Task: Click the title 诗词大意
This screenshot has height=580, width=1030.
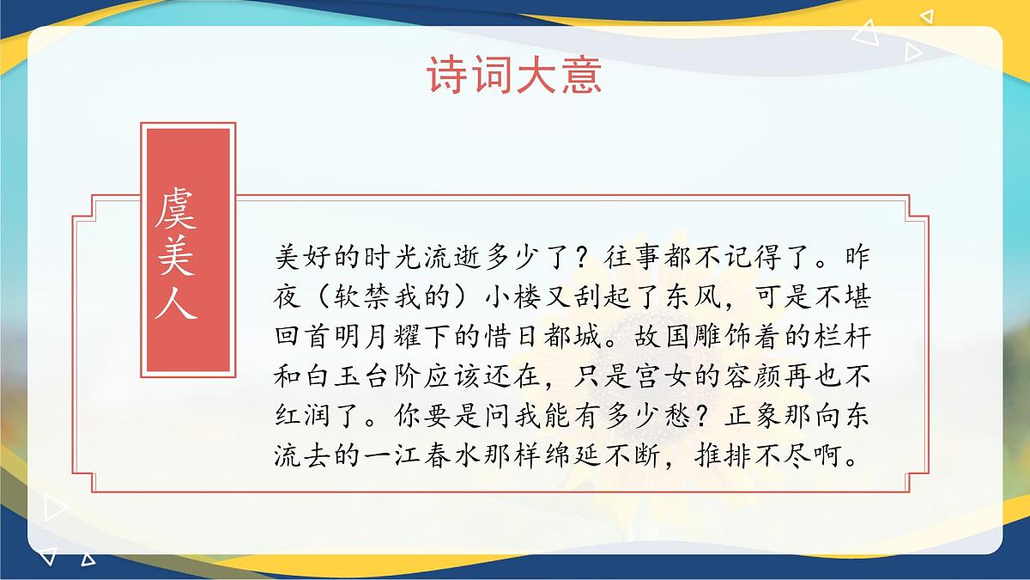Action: pyautogui.click(x=515, y=76)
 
